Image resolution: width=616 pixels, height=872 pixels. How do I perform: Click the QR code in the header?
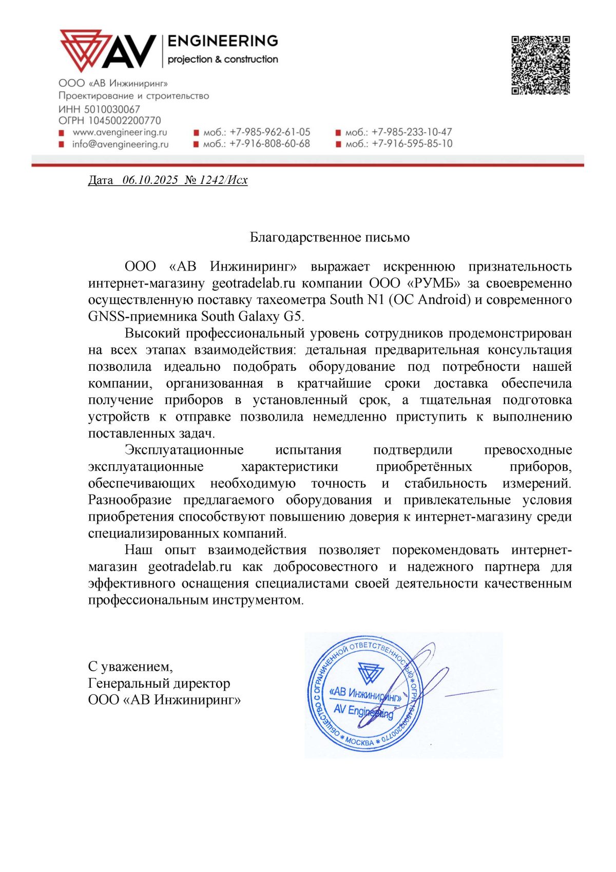click(x=541, y=65)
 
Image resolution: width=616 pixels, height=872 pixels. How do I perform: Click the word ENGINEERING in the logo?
click(x=223, y=41)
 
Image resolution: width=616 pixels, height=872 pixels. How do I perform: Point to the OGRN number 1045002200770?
click(x=125, y=121)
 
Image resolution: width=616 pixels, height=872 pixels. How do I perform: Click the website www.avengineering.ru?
click(x=120, y=132)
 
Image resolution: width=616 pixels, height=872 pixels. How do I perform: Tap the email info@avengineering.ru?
click(x=120, y=144)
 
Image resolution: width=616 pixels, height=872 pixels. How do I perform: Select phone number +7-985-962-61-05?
click(x=270, y=132)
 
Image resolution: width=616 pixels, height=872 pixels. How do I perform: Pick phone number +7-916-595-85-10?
click(x=412, y=144)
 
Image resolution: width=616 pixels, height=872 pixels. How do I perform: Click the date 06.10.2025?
click(x=150, y=180)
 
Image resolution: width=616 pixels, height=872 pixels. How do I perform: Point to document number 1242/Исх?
click(x=223, y=180)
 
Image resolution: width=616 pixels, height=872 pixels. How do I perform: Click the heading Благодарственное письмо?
click(x=330, y=237)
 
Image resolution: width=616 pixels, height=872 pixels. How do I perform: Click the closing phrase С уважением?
click(x=130, y=667)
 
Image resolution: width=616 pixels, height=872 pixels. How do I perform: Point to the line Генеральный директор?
click(x=159, y=684)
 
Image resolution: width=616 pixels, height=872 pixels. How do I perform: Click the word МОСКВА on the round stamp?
click(x=360, y=742)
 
